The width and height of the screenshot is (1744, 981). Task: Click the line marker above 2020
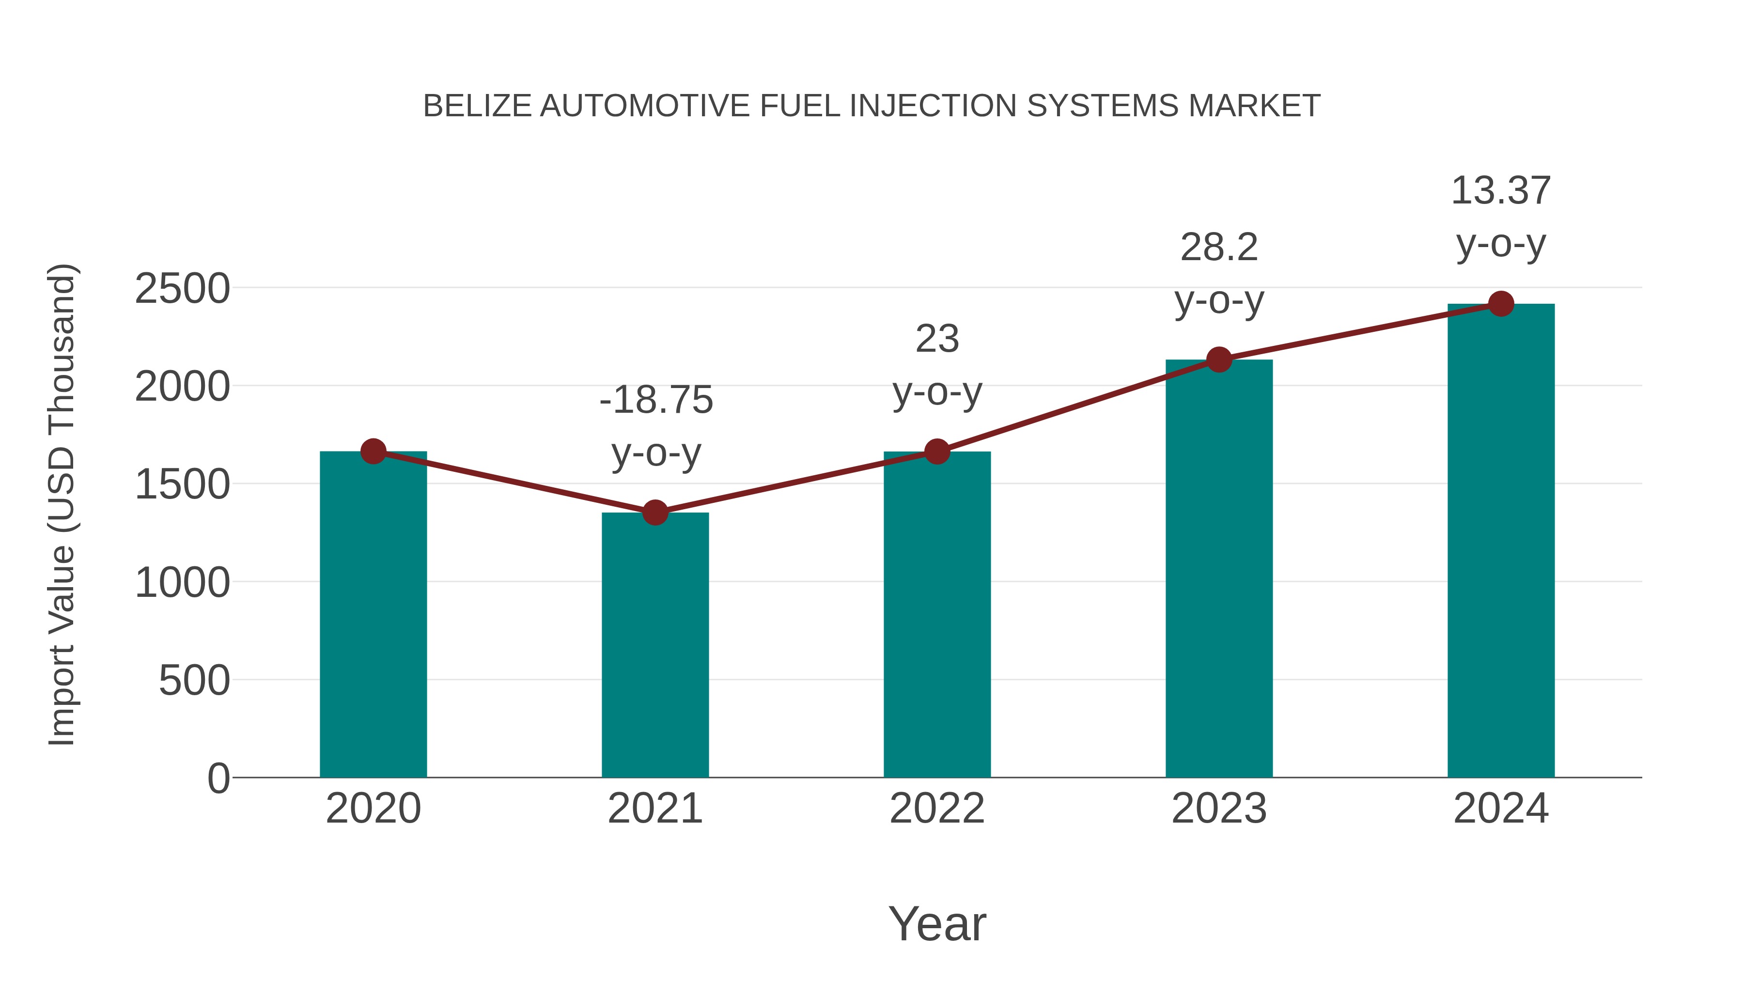pyautogui.click(x=373, y=451)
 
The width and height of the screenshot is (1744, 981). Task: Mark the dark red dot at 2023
pyautogui.click(x=1219, y=359)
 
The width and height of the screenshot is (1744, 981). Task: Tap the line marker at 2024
pyautogui.click(x=1500, y=304)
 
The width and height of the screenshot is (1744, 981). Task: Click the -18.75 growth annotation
pyautogui.click(x=656, y=400)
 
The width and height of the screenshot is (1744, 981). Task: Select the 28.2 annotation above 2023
pyautogui.click(x=1219, y=247)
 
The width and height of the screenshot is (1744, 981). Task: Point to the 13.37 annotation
pyautogui.click(x=1500, y=190)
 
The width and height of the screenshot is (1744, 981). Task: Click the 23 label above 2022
pyautogui.click(x=937, y=339)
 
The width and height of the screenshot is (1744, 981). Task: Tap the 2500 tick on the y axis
pyautogui.click(x=182, y=289)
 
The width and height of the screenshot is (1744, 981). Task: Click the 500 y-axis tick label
pyautogui.click(x=194, y=681)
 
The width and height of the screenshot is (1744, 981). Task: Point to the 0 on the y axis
pyautogui.click(x=218, y=778)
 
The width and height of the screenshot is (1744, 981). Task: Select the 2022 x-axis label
pyautogui.click(x=936, y=809)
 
